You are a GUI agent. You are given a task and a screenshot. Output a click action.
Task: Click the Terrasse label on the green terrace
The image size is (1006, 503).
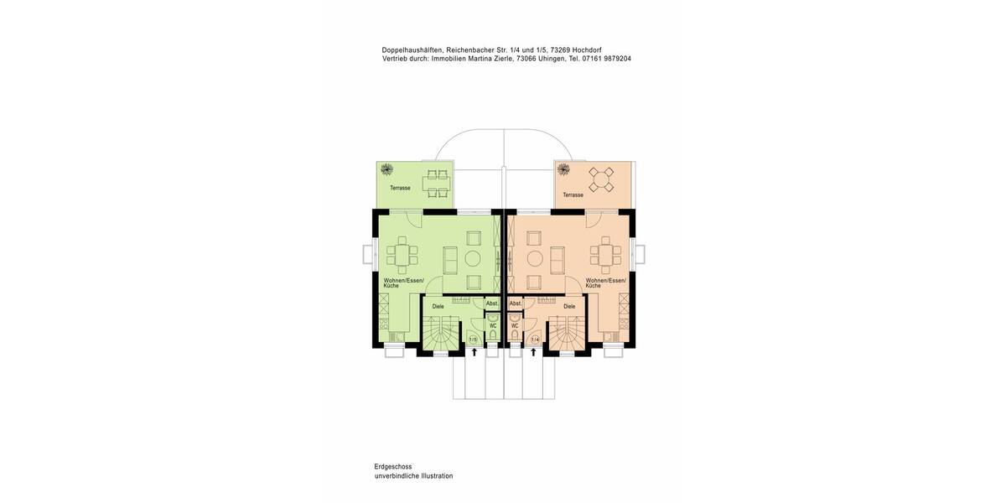[x=400, y=188]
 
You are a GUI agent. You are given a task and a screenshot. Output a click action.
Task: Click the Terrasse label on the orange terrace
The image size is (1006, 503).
[x=573, y=194]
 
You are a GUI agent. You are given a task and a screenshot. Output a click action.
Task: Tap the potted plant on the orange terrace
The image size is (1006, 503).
[x=563, y=170]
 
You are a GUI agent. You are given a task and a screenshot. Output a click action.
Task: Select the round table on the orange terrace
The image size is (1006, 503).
[x=601, y=179]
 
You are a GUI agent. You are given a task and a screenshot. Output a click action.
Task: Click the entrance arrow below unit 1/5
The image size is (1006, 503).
[x=474, y=353]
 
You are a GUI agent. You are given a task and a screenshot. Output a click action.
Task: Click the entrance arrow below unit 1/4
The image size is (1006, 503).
[x=533, y=353]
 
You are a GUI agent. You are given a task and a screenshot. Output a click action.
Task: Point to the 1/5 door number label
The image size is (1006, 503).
[x=473, y=340]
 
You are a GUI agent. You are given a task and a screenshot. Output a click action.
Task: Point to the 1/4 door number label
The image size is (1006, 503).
[x=535, y=340]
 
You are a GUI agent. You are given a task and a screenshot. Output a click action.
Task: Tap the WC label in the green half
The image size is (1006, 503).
[x=493, y=325]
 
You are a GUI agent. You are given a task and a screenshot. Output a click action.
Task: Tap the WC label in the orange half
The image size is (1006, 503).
[x=515, y=325]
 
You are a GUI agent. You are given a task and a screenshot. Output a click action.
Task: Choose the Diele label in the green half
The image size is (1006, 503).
[x=438, y=307]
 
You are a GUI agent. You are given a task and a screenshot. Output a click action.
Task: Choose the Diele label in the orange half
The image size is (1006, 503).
[x=569, y=307]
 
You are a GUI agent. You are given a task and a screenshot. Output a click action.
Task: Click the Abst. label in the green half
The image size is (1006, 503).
[x=491, y=303]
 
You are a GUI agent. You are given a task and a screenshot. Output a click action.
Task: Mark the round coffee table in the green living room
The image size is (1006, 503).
[x=473, y=258]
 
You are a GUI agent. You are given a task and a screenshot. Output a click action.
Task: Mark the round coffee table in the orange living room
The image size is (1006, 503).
[x=533, y=258]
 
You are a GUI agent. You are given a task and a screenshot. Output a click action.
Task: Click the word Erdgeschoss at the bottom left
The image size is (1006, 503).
[x=393, y=466]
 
